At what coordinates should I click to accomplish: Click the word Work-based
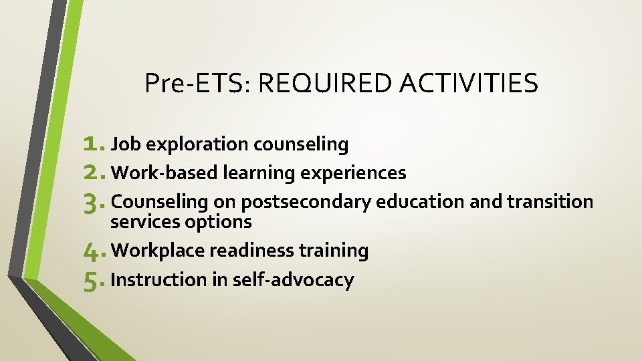click(165, 173)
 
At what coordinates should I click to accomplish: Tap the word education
click(420, 201)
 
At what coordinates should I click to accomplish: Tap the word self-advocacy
click(293, 281)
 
